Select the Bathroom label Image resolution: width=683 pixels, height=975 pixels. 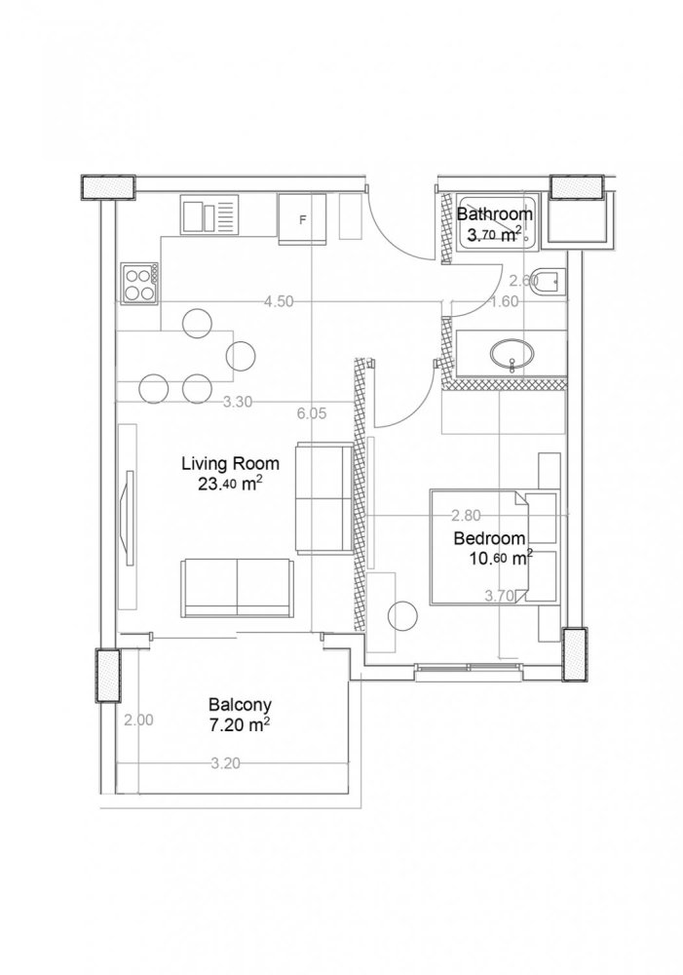(x=495, y=214)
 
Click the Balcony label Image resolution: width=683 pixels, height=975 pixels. (x=239, y=705)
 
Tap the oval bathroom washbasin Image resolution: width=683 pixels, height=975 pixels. (x=511, y=352)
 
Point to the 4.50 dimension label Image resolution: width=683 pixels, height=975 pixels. (x=279, y=301)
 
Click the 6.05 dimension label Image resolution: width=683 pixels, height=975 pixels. (x=311, y=413)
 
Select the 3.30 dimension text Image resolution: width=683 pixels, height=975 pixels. (x=238, y=401)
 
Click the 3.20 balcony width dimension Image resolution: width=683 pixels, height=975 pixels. (x=225, y=764)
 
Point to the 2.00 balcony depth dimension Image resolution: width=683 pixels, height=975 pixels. (x=138, y=721)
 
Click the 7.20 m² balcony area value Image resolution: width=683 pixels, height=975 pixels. (x=239, y=725)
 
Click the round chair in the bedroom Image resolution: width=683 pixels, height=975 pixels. (x=401, y=616)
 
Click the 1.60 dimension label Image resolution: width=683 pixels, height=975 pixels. (x=504, y=301)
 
